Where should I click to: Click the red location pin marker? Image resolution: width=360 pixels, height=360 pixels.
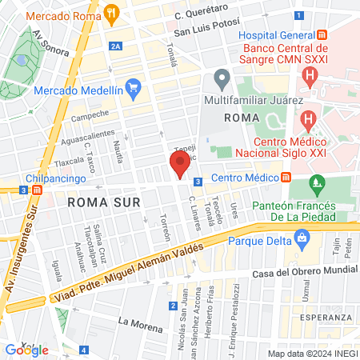pos(179,166)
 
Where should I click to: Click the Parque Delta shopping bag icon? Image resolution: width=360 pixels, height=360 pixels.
pos(302,237)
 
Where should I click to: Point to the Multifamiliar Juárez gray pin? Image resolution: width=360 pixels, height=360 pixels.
pos(222,80)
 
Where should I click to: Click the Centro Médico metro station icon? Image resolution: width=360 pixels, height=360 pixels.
pos(286,178)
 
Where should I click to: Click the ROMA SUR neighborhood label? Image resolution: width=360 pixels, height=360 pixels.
pos(98,202)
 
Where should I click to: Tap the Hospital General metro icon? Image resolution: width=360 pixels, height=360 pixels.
pos(322,36)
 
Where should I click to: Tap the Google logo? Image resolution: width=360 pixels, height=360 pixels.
pos(26,350)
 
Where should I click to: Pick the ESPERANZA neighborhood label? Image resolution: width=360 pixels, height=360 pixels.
pos(324,318)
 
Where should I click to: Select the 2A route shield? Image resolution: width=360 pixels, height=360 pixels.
pos(117,46)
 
